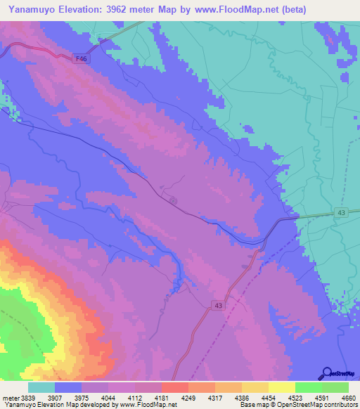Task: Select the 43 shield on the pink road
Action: point(218,304)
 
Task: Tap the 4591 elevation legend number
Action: point(323,398)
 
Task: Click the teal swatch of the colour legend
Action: point(41,387)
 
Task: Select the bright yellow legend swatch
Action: point(281,387)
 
